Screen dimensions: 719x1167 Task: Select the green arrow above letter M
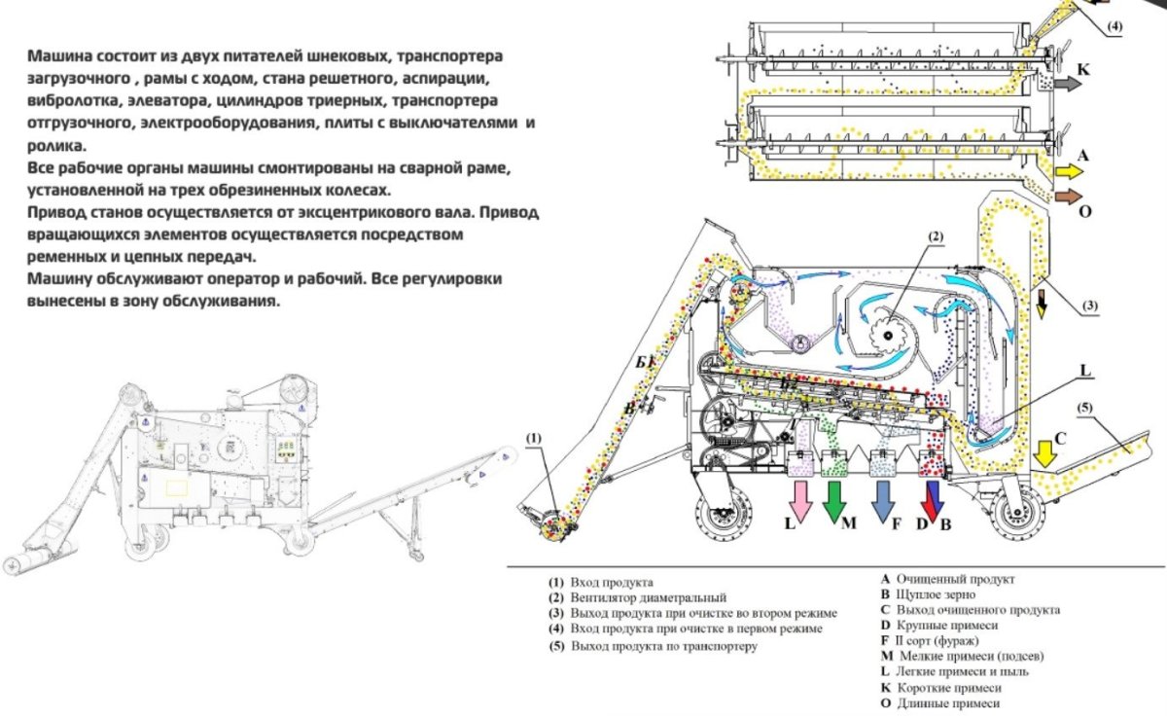point(833,496)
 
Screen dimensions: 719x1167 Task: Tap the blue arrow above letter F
point(883,496)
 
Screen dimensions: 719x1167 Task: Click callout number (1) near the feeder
point(533,439)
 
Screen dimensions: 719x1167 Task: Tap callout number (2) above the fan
point(935,236)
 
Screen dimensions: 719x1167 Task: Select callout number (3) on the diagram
point(1090,305)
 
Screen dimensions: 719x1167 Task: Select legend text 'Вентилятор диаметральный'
point(650,597)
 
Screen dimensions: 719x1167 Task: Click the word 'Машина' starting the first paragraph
point(55,56)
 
